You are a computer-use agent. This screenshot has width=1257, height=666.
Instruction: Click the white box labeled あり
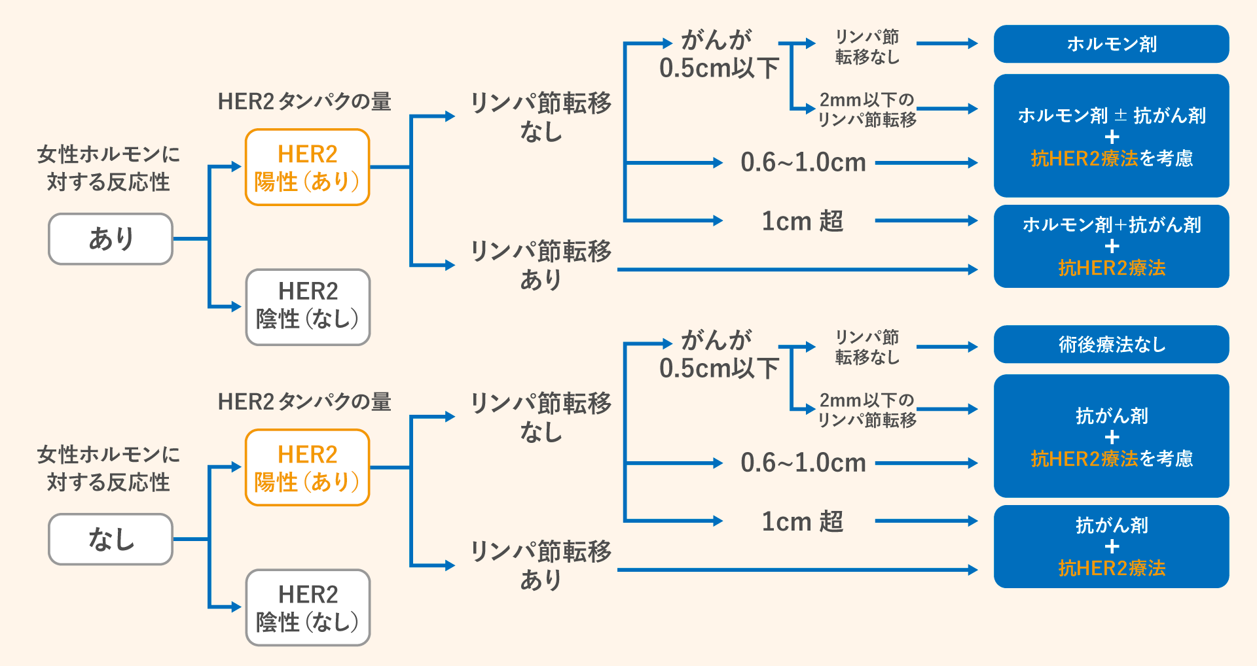pos(111,239)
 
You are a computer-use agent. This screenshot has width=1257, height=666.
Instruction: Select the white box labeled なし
pos(111,539)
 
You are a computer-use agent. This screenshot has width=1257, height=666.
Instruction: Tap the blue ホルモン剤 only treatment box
pos(1111,44)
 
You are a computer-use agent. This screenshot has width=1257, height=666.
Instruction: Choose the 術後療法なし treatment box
pos(1111,344)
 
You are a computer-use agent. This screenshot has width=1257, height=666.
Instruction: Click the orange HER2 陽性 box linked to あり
pos(307,167)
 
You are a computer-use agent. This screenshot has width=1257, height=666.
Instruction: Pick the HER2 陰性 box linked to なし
pos(308,607)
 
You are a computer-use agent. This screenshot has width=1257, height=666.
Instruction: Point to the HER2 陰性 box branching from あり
pos(308,307)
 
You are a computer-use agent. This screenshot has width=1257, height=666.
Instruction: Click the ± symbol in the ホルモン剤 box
pos(1120,116)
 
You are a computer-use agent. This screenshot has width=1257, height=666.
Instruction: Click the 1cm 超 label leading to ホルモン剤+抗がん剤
pos(802,221)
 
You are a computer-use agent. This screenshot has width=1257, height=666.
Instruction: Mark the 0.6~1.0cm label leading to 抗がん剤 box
pos(803,463)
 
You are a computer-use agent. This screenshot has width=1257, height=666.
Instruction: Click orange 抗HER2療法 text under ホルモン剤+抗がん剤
pos(1111,268)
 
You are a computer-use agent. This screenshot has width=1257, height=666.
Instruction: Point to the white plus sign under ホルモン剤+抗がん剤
pos(1111,247)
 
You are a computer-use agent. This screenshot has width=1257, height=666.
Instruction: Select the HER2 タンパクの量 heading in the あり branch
pos(304,101)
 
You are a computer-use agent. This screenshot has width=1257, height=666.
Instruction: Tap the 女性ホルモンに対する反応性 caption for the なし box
pos(108,468)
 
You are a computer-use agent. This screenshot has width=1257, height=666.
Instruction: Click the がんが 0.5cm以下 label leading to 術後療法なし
pos(719,355)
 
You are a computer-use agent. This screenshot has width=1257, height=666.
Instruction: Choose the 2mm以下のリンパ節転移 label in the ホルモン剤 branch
pos(867,109)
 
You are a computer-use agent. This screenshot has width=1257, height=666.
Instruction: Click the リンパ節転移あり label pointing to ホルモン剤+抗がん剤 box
pos(541,265)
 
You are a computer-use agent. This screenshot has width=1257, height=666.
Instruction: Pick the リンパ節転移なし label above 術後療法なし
pos(867,347)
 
